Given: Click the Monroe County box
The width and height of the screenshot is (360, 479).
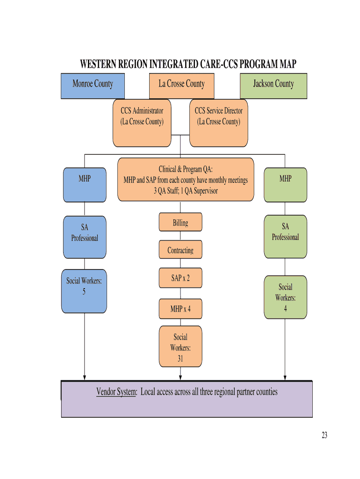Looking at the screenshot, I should [x=93, y=86].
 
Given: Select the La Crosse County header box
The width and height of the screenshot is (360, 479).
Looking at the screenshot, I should [x=181, y=86].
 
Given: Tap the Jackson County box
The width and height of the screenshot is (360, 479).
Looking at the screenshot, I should [x=274, y=86].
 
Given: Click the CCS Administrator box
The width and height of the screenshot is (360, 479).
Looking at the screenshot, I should [x=142, y=123].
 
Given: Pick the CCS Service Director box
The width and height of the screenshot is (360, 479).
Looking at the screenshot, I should [x=218, y=123].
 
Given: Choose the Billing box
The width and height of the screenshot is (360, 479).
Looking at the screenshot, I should [x=180, y=223].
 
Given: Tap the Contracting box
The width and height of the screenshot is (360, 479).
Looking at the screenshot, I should [x=180, y=250].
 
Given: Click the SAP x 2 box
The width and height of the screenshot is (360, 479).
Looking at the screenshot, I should [x=180, y=278].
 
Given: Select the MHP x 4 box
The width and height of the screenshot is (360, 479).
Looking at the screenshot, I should [x=180, y=309].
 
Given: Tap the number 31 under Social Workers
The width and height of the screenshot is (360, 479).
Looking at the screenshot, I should [x=180, y=359].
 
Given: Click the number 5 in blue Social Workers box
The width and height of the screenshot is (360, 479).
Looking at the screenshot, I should [x=84, y=291].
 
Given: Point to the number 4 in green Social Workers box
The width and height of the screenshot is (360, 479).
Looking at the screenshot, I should [x=285, y=309].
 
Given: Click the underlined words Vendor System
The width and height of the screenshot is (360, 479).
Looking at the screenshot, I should [x=116, y=392].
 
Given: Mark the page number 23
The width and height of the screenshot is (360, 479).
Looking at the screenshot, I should [x=324, y=435].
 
